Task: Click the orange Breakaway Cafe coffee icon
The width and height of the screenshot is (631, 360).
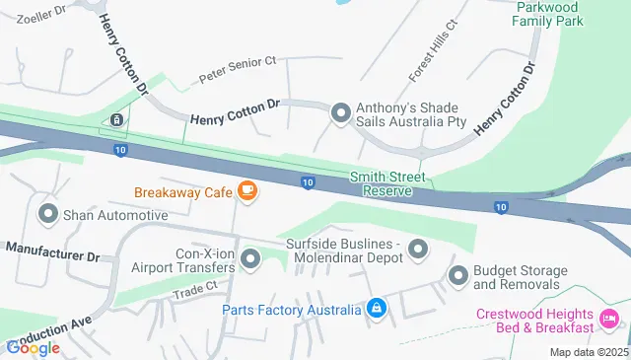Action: tap(247, 192)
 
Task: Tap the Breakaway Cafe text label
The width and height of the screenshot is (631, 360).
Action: tap(183, 192)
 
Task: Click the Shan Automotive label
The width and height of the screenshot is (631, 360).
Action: tap(115, 214)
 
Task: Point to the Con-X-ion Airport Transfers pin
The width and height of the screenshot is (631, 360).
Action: tap(250, 259)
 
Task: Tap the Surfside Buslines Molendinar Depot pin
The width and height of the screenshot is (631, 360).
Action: tap(418, 250)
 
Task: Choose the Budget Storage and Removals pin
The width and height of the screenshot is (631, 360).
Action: tap(457, 277)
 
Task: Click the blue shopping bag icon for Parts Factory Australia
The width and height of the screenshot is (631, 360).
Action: tap(376, 310)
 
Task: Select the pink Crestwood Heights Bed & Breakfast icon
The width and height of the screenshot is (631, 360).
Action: tap(610, 320)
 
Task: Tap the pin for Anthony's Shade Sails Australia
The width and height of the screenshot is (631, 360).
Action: tap(340, 114)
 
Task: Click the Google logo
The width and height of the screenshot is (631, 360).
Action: tap(33, 347)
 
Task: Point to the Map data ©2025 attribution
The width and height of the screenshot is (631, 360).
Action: tap(589, 352)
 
